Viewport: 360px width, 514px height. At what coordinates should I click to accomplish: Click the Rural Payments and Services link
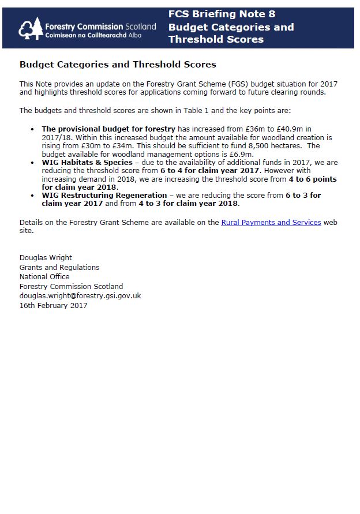271,222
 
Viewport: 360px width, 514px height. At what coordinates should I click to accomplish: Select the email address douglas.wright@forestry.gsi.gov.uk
80,296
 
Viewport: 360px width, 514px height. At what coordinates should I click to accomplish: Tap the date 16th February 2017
54,305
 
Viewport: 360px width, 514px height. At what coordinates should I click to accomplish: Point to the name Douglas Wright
46,258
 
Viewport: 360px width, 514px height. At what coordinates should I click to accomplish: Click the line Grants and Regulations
59,268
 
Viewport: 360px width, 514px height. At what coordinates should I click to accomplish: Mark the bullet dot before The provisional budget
32,129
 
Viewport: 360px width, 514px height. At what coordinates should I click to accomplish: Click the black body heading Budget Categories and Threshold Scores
118,65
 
